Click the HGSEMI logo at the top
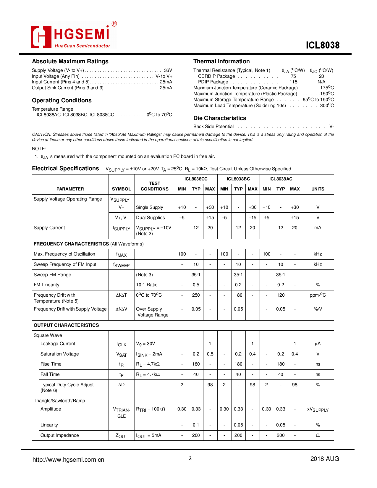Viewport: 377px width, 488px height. coord(73,35)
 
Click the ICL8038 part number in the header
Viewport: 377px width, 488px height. coord(322,45)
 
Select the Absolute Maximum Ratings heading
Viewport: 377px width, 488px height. coord(70,61)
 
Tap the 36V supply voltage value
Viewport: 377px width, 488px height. coord(168,70)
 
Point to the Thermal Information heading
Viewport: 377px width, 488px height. coord(221,61)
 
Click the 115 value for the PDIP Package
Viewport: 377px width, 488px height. coord(293,82)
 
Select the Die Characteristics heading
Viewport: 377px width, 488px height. coord(220,118)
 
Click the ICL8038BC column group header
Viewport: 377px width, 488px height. coord(238,179)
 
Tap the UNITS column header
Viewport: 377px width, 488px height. coord(318,189)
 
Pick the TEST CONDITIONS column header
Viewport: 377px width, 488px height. coord(154,186)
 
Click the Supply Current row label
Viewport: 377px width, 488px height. coord(49,228)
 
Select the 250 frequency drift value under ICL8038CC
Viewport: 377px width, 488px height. coord(196,295)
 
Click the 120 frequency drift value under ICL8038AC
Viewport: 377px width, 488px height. coord(281,295)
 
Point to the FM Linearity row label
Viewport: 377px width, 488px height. coord(46,285)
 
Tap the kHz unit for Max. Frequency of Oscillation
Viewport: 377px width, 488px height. coord(318,254)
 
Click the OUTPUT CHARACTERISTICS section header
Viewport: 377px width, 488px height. coord(66,325)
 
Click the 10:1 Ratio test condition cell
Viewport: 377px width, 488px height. coord(147,285)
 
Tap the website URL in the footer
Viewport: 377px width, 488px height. coord(68,460)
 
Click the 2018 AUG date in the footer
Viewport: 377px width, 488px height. coord(324,459)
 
